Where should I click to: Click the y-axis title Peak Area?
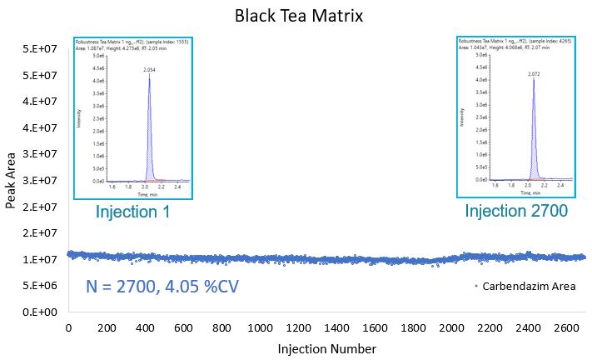click(x=12, y=180)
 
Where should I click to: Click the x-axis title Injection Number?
click(x=326, y=348)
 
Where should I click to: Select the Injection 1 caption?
click(x=133, y=212)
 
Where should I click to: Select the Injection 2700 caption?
click(x=516, y=212)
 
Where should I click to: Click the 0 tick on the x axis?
click(x=68, y=328)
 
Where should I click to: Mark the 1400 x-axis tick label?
click(x=337, y=328)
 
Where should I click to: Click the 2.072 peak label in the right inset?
click(x=534, y=74)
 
